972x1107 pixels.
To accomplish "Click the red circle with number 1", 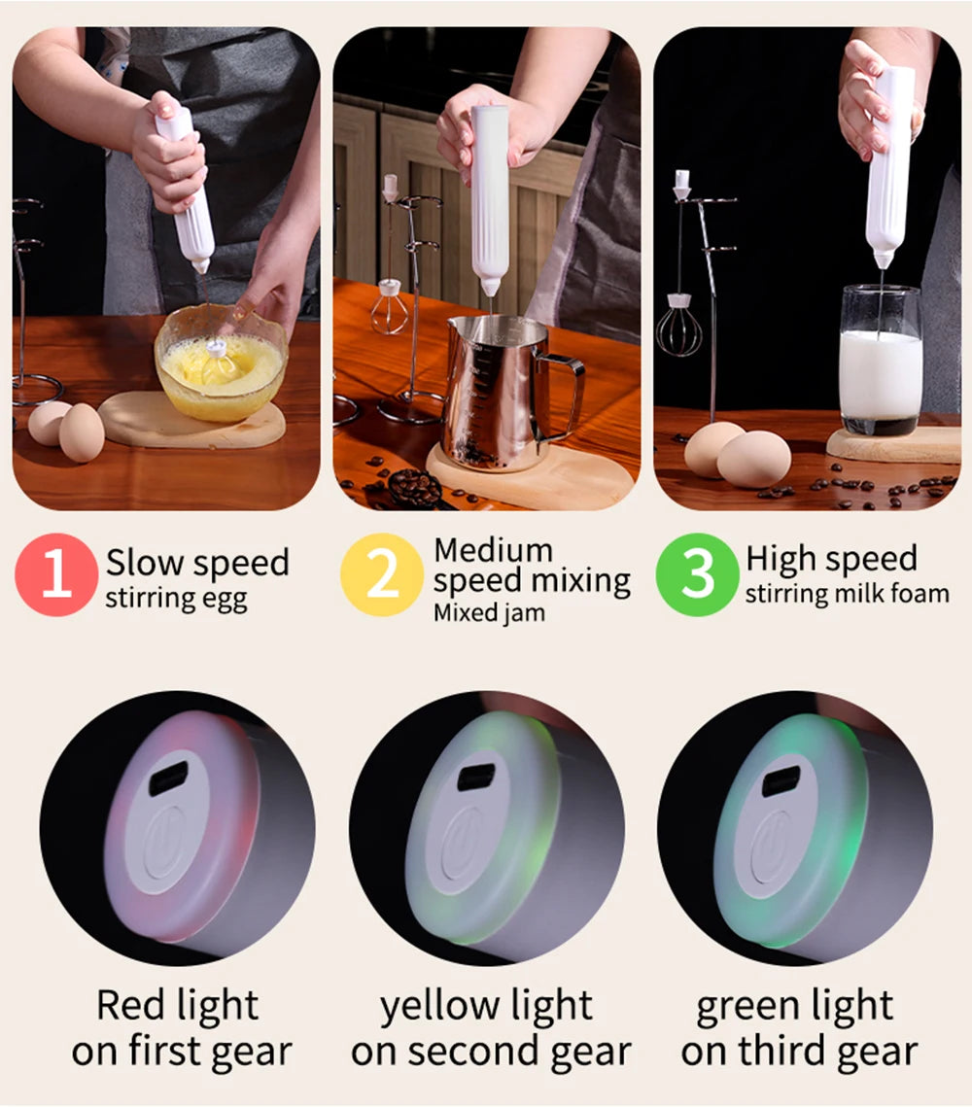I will (x=56, y=574).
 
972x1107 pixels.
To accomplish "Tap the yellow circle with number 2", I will (x=382, y=574).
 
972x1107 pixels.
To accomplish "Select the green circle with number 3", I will (x=697, y=574).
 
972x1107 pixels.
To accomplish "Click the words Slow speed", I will (x=197, y=563).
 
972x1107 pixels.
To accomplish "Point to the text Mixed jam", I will (x=489, y=613).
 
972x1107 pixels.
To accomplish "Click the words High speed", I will (x=831, y=559).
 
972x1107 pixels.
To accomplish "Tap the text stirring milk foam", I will (x=847, y=593).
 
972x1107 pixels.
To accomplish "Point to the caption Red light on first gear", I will (x=181, y=1028).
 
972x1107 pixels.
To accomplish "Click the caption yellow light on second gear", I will (x=490, y=1028).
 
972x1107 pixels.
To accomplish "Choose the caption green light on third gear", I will (x=798, y=1028).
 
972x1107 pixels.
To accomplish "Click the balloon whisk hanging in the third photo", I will (x=677, y=329).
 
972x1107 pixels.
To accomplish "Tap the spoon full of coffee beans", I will (x=413, y=486).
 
